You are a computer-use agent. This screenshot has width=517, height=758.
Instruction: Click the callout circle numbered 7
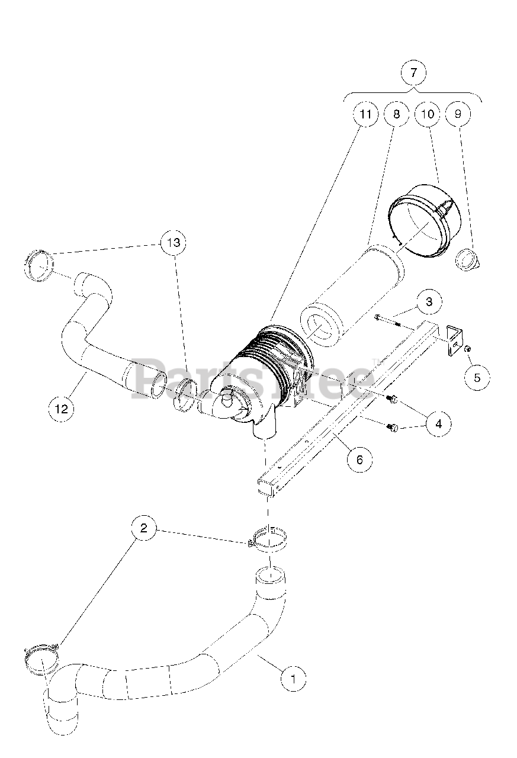(413, 73)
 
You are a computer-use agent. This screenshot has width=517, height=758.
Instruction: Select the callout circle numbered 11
(365, 114)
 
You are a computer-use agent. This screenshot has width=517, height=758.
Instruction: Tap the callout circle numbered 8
(396, 114)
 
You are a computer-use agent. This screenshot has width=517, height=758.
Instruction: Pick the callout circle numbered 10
(428, 114)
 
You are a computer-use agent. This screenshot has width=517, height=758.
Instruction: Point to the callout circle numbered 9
(458, 114)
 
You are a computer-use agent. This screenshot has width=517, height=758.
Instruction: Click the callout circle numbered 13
(174, 243)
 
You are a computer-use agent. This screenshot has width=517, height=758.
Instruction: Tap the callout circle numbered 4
(438, 423)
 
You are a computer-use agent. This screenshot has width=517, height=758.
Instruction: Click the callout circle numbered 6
(359, 459)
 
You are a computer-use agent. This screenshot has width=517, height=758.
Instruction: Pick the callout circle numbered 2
(144, 528)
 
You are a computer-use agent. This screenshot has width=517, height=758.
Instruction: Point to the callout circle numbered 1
(294, 678)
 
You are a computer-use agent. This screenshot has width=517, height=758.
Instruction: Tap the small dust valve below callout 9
(467, 261)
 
